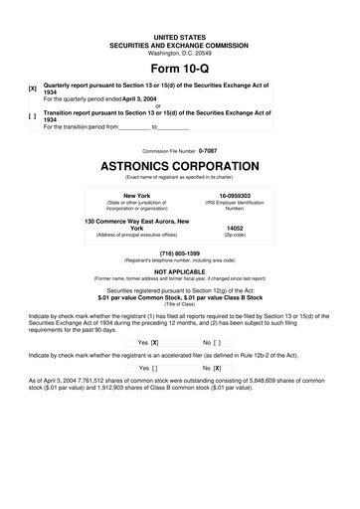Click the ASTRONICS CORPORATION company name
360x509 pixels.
pyautogui.click(x=180, y=163)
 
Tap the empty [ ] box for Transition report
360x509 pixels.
pyautogui.click(x=33, y=116)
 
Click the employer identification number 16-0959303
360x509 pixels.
pyautogui.click(x=235, y=196)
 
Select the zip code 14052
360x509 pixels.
pyautogui.click(x=235, y=228)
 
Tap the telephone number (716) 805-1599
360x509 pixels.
pyautogui.click(x=180, y=254)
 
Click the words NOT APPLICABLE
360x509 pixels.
pyautogui.click(x=180, y=271)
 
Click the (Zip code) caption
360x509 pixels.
pyautogui.click(x=235, y=236)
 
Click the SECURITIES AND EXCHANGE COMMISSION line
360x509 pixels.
pyautogui.click(x=180, y=44)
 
